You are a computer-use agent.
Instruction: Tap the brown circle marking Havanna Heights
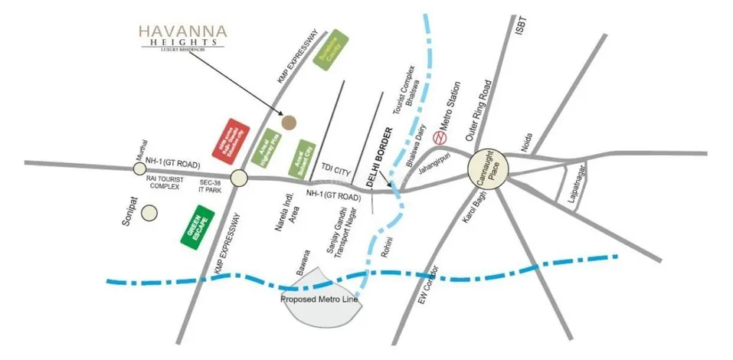tap(289, 121)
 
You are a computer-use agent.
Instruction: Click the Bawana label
tap(305, 263)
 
